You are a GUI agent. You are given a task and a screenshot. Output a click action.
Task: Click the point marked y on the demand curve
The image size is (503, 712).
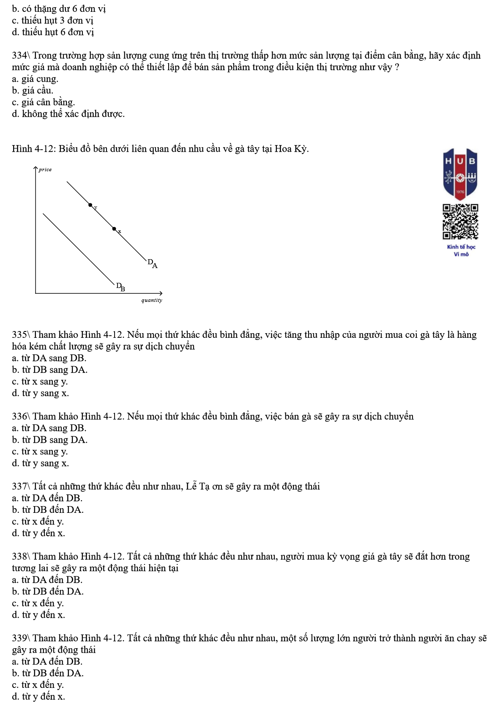click(90, 205)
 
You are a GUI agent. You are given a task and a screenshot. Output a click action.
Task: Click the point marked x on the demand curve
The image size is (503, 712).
click(114, 229)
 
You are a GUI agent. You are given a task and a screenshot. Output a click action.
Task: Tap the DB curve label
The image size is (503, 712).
click(120, 287)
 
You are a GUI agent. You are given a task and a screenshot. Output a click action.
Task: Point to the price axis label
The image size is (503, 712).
click(45, 170)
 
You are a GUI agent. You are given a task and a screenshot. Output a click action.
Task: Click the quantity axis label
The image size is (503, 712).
click(151, 300)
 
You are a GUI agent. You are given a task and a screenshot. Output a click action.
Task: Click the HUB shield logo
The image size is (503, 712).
click(460, 174)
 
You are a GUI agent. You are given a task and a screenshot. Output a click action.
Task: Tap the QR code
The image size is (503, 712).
click(460, 222)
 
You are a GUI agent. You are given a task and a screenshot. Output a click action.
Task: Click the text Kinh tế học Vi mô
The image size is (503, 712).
click(461, 250)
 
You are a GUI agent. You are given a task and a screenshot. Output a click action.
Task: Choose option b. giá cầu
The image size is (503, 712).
click(33, 90)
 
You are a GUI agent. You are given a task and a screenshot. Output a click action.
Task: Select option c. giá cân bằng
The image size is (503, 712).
click(43, 102)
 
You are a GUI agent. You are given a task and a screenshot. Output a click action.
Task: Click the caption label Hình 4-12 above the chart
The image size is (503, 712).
click(33, 149)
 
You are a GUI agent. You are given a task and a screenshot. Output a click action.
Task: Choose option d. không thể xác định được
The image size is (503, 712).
click(68, 114)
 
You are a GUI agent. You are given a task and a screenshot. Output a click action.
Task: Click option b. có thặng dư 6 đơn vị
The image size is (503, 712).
click(58, 8)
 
